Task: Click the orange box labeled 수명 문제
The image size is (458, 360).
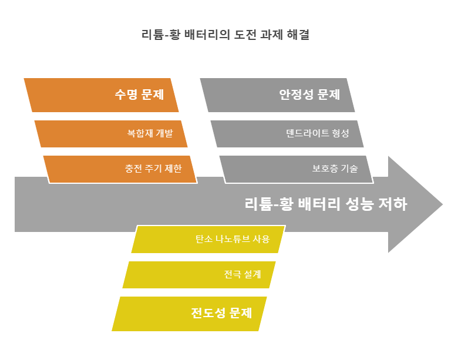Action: [101, 95]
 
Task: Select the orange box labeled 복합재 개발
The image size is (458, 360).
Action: [111, 134]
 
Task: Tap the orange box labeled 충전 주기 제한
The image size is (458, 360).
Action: [120, 169]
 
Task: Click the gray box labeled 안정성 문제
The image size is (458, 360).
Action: [277, 95]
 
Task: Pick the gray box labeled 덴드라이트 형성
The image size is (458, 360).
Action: [287, 134]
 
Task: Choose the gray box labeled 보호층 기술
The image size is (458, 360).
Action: [296, 169]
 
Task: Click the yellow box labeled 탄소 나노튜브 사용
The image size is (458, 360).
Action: [208, 240]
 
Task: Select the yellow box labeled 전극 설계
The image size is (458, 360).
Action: [199, 275]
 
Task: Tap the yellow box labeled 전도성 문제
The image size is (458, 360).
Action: [189, 314]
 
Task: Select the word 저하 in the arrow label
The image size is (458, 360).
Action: [392, 204]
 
